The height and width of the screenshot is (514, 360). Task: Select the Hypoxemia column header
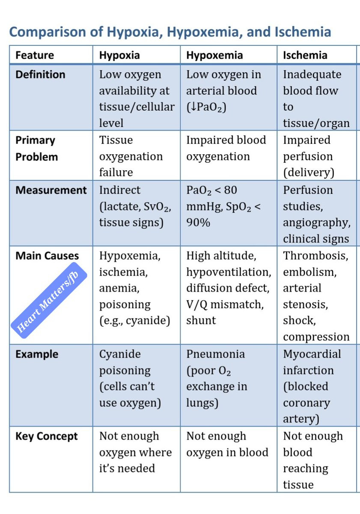pos(214,55)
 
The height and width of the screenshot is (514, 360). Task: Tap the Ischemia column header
pos(305,55)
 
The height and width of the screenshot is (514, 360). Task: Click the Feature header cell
pos(35,55)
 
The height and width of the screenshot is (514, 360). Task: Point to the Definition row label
pos(40,75)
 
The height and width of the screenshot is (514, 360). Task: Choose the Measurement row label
pos(51,190)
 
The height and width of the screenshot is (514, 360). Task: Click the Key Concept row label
pos(47,436)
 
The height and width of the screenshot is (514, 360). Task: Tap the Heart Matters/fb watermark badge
pos(49,300)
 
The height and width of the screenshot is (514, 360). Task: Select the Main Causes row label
pos(47,256)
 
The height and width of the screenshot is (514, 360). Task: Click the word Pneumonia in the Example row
pos(215,354)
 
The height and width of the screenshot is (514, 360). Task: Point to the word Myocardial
pos(312,354)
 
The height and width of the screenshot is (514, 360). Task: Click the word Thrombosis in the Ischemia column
pos(315,256)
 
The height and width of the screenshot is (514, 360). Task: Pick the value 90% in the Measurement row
pos(198,222)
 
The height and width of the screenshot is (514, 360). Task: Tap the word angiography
pos(317,223)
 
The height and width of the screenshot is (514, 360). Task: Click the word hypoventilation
pos(229,272)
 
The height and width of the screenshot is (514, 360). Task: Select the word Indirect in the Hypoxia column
pos(120,190)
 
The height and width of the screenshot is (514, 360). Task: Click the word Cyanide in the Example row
pos(120,354)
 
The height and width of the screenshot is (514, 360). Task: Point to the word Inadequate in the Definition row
pos(312,75)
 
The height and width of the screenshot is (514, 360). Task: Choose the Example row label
pos(37,354)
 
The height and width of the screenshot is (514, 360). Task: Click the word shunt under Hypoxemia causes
pos(201,320)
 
